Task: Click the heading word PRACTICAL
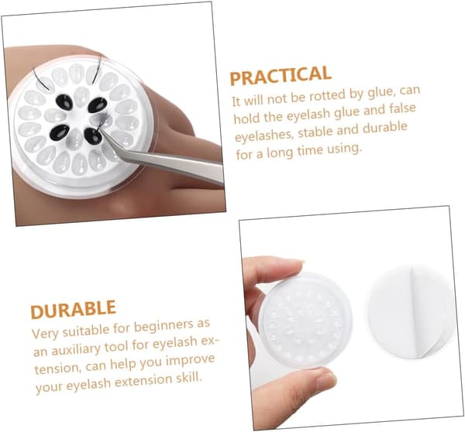[x=281, y=76]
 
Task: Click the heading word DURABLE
[x=73, y=310]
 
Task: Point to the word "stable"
[x=315, y=132]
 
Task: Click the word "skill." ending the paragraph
[x=186, y=378]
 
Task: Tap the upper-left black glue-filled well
[x=65, y=102]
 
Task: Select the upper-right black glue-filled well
[x=98, y=105]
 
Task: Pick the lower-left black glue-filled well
[x=60, y=132]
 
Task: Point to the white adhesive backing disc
[x=411, y=312]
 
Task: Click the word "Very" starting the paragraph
[x=45, y=333]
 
